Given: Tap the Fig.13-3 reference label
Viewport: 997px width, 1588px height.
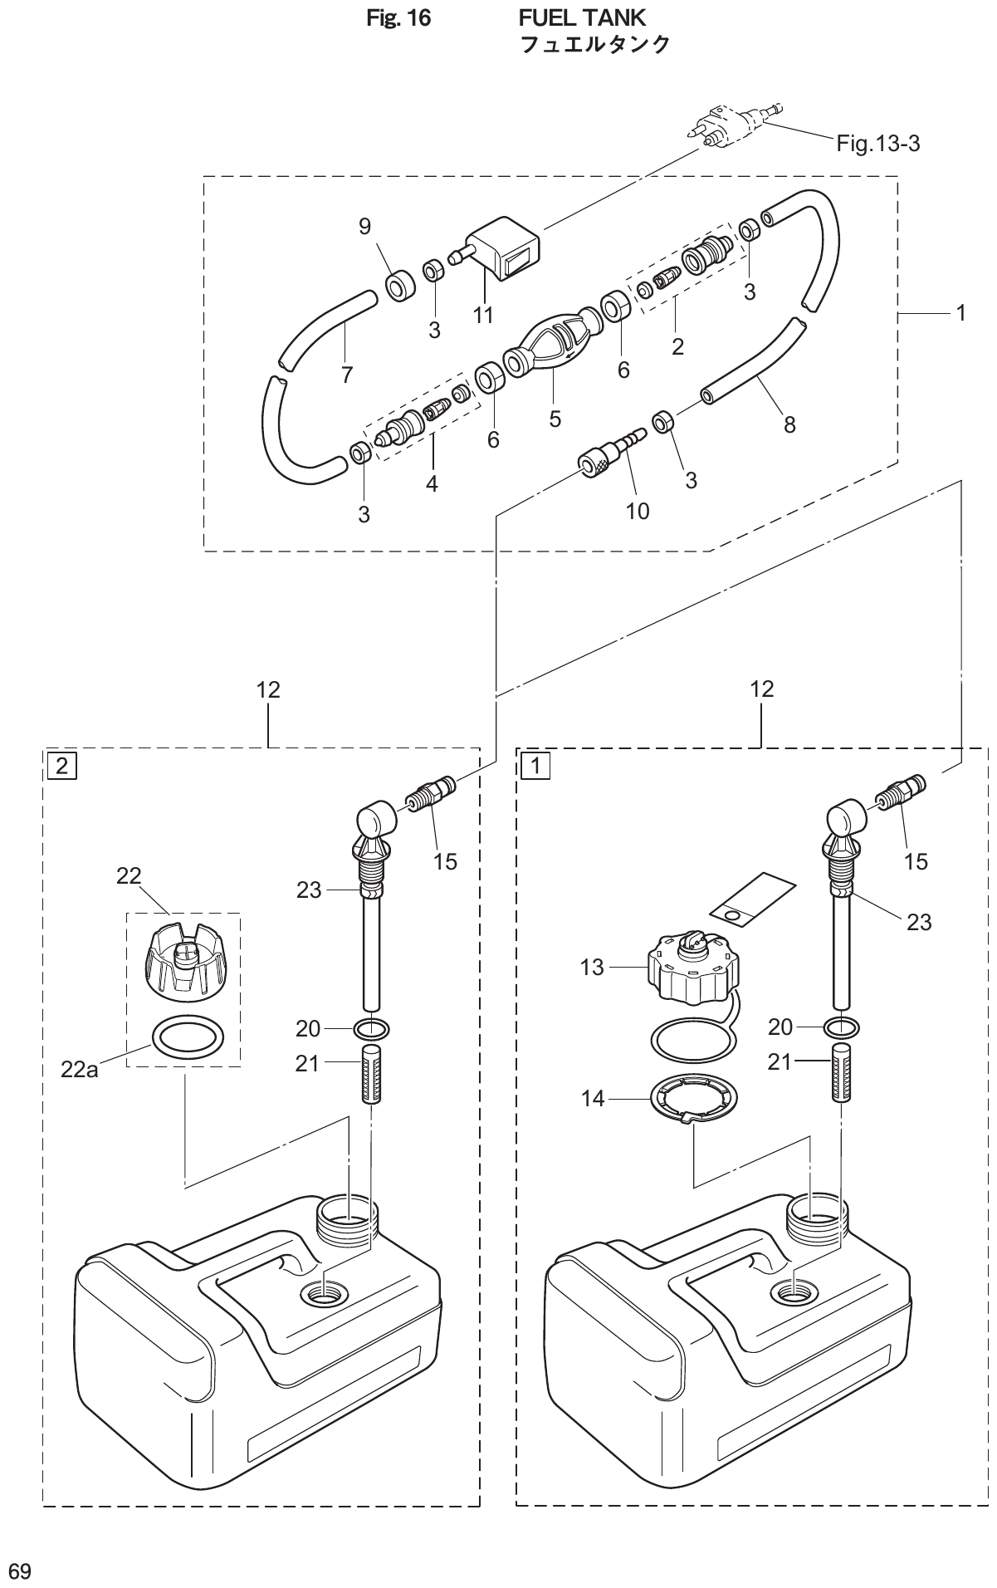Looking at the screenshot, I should click(x=877, y=144).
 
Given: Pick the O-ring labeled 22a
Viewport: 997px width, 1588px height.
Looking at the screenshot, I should click(x=188, y=1037).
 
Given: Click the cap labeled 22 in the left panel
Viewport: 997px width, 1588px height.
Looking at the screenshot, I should click(x=182, y=963).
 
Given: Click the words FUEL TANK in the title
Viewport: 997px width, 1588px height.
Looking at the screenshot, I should click(x=582, y=17).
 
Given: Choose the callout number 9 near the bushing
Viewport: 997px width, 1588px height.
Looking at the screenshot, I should click(x=365, y=227).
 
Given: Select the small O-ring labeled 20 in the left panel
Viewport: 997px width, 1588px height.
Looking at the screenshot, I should click(x=370, y=1029).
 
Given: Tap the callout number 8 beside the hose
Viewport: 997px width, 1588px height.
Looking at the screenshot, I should click(x=789, y=424).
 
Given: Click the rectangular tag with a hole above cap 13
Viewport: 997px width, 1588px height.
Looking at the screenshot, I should click(x=751, y=900).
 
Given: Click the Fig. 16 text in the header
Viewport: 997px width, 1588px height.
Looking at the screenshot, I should click(x=398, y=17).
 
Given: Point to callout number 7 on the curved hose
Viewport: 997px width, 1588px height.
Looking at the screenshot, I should click(x=346, y=375).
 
